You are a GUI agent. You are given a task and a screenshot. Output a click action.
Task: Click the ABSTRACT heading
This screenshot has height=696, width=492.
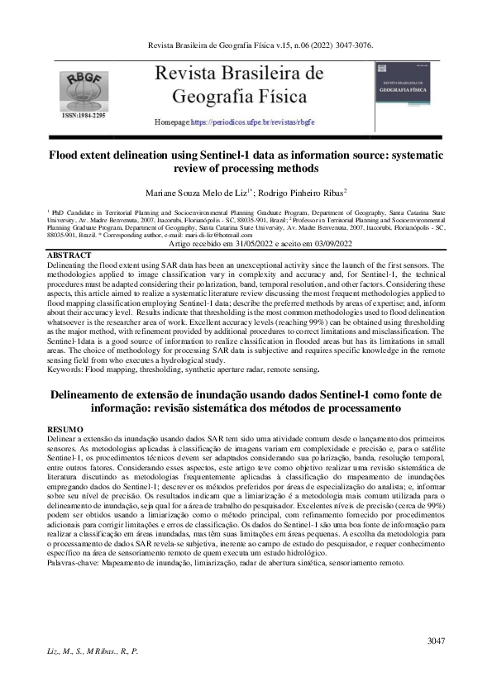[x=70, y=255]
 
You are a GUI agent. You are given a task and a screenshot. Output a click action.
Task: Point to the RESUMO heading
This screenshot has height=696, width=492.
[x=66, y=430]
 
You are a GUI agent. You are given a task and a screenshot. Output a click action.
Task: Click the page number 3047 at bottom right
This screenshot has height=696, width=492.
[x=437, y=641]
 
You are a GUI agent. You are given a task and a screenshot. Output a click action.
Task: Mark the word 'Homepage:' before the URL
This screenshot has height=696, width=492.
[x=172, y=122]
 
